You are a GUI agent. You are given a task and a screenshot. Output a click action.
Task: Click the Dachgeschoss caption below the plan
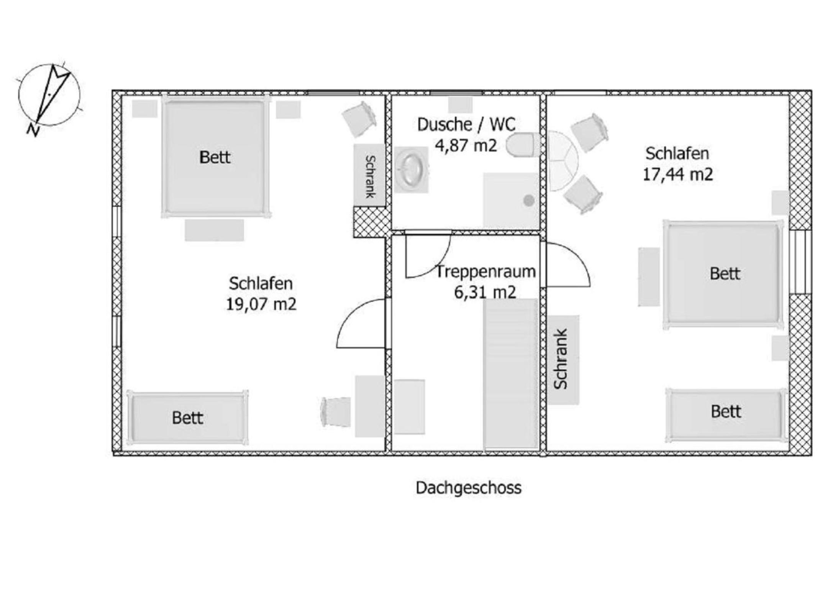point(468,488)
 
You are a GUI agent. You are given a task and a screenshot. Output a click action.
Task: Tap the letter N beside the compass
point(33,131)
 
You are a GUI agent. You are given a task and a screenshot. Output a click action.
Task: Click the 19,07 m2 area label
point(261,304)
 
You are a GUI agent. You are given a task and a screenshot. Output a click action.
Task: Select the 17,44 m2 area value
point(677,174)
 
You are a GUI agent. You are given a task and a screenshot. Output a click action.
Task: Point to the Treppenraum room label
point(486,272)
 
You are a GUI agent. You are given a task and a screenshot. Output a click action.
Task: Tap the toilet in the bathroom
point(523,145)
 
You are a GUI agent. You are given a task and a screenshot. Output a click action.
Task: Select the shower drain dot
point(529,200)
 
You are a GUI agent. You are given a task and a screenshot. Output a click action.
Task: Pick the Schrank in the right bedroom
point(562,360)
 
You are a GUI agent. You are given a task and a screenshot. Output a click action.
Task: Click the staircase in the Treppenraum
point(510,374)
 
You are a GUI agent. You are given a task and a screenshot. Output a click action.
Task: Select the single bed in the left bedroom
point(188,418)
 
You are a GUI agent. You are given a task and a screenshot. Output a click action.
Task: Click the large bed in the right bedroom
point(723,275)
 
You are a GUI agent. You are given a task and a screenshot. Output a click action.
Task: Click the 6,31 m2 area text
point(485,293)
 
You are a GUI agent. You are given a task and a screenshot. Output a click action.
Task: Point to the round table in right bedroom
point(562,161)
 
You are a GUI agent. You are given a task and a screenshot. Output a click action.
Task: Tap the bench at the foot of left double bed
point(214,230)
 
